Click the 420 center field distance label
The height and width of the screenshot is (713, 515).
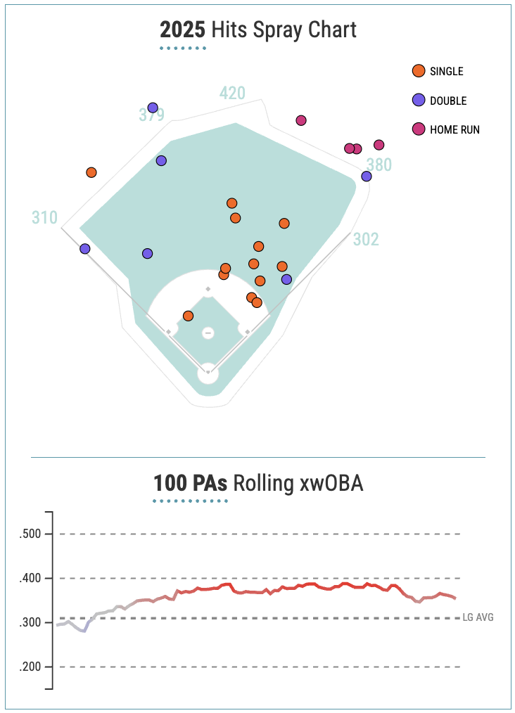232,94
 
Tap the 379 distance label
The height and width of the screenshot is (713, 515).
152,115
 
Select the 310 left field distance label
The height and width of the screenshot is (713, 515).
44,218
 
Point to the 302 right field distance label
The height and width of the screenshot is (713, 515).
366,240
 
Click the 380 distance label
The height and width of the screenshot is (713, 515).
379,165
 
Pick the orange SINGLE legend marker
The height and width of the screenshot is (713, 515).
419,71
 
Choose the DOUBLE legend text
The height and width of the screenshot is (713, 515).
448,101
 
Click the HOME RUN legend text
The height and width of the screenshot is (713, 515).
454,129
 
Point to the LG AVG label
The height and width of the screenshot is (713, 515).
478,617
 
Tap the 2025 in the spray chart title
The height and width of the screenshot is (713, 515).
181,30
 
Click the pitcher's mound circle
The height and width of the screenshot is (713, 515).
208,333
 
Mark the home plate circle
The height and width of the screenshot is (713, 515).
208,373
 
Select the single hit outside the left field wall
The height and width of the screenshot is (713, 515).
91,172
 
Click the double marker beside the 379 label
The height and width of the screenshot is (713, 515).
153,108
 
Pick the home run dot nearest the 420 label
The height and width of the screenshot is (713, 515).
301,120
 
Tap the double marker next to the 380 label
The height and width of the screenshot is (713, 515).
366,176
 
